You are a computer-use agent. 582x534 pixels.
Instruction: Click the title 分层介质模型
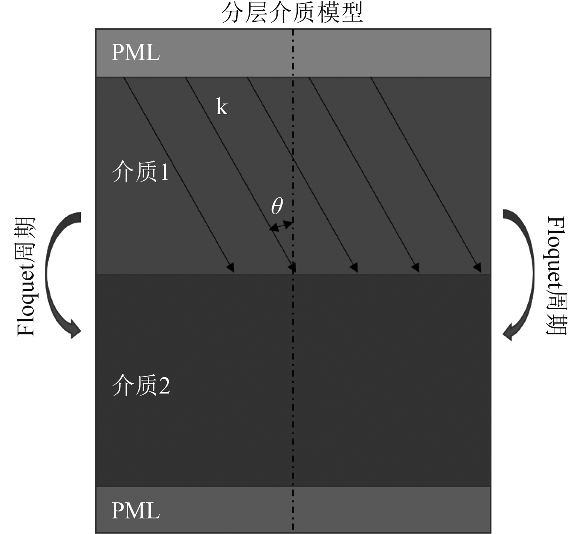click(292, 13)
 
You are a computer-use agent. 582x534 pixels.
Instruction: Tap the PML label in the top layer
click(136, 53)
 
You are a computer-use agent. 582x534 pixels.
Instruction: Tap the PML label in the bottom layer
click(136, 511)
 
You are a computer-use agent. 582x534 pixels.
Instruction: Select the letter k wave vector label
click(222, 107)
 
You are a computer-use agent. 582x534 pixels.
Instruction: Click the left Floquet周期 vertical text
click(26, 276)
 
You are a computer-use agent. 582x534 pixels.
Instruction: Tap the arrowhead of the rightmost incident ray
click(478, 267)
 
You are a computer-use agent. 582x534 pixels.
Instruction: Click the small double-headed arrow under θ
click(281, 226)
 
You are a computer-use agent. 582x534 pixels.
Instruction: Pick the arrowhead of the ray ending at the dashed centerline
click(292, 268)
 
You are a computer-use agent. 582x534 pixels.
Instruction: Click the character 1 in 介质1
click(164, 173)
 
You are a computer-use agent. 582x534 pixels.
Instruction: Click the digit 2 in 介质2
click(164, 386)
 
